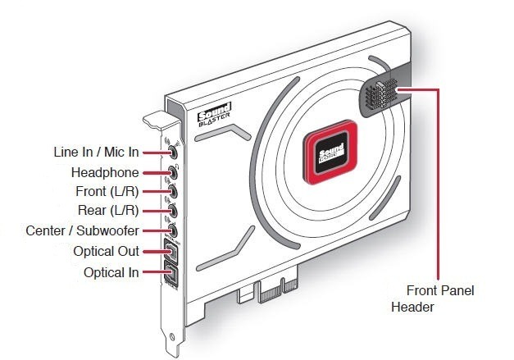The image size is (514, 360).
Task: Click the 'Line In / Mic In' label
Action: [x=95, y=153]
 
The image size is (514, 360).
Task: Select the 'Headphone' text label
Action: [x=105, y=172]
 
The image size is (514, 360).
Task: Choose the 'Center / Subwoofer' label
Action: [x=82, y=231]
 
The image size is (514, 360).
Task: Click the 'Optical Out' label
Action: [x=106, y=251]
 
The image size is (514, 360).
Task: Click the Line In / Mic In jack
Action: [x=174, y=153]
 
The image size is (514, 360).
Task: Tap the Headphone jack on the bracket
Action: [x=174, y=172]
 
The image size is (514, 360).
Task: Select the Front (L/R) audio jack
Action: [x=174, y=192]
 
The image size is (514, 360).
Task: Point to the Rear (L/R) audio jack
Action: [x=174, y=212]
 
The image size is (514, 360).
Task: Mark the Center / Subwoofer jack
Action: [x=174, y=231]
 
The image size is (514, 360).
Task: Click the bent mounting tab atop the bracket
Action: [x=159, y=121]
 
